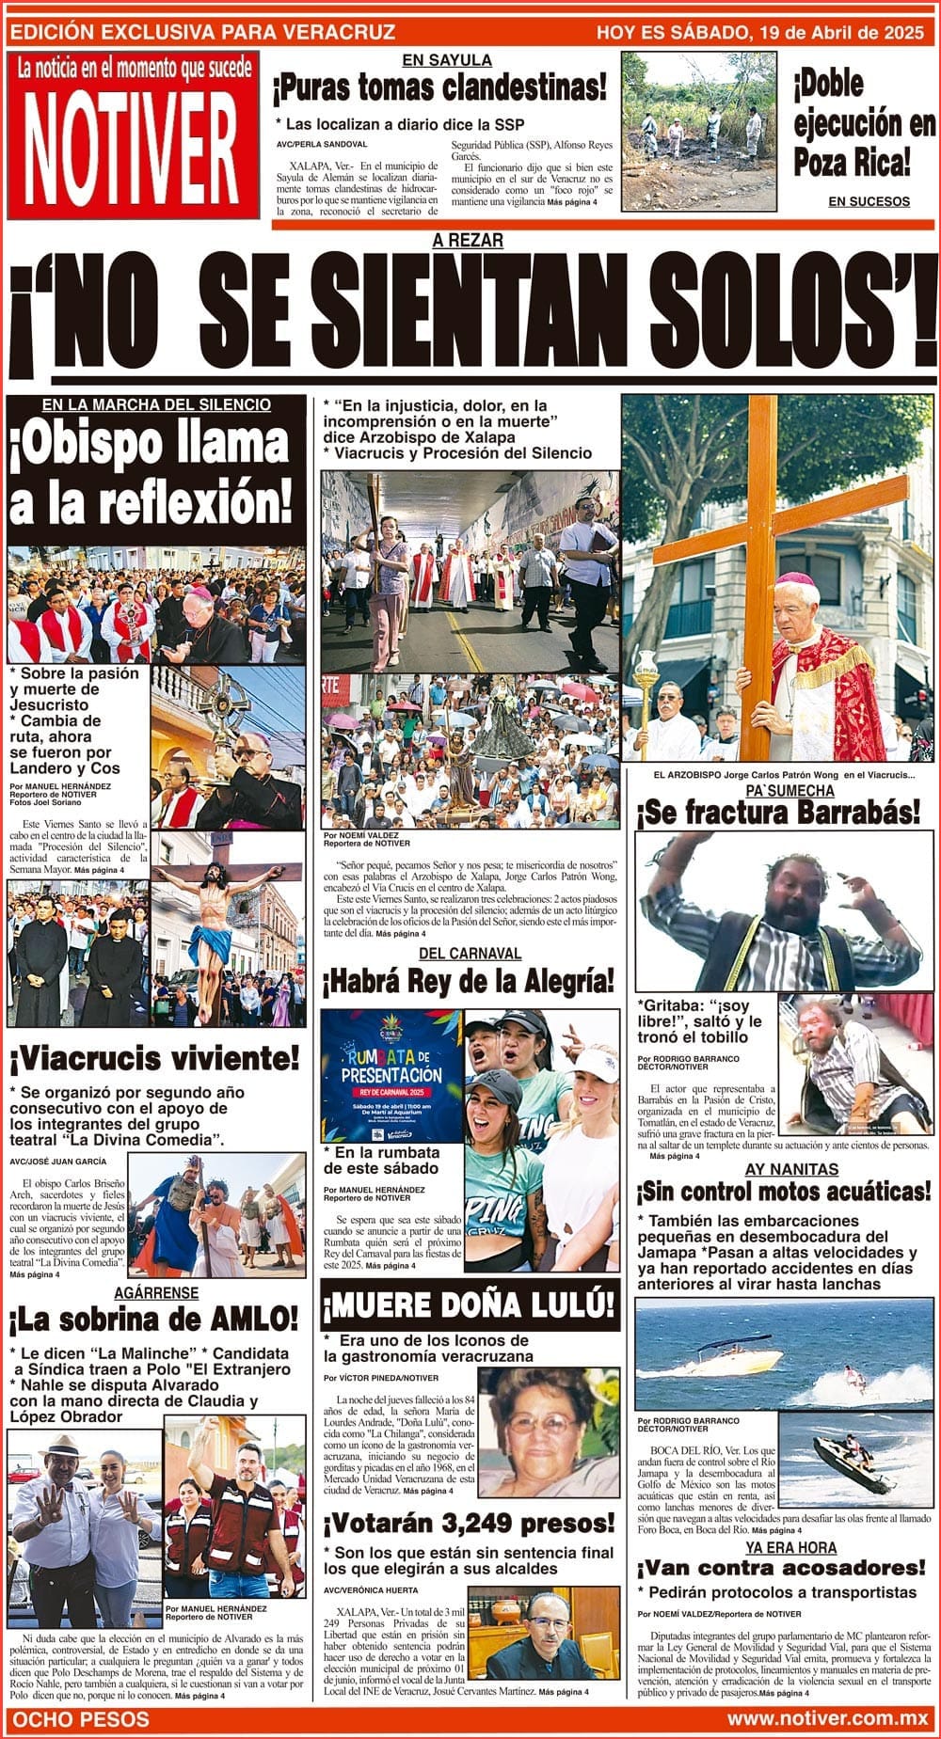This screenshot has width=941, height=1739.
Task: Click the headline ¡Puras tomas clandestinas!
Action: tap(440, 89)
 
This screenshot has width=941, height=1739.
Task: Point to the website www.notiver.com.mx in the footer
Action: tap(828, 1718)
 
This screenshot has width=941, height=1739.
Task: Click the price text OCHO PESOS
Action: tap(80, 1718)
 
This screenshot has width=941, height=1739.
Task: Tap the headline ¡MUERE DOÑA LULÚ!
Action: tap(470, 1304)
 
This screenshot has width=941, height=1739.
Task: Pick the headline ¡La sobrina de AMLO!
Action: tap(154, 1320)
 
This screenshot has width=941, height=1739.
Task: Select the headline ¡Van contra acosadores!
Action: tap(781, 1568)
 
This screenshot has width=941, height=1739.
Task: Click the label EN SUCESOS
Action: tap(869, 201)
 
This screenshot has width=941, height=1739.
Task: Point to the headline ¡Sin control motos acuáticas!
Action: tap(783, 1193)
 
